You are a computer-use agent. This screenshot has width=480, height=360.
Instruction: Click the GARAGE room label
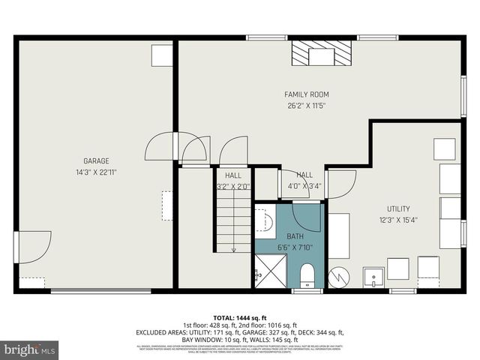tap(96, 160)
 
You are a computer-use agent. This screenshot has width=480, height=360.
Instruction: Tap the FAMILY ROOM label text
tap(307, 94)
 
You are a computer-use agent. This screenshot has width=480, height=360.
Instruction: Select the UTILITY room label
tap(399, 208)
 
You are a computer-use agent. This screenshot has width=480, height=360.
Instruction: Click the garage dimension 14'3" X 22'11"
tap(96, 172)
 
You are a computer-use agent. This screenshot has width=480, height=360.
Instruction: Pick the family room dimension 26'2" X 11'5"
tap(307, 106)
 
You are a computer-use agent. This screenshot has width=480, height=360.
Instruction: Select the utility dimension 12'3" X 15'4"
tap(399, 220)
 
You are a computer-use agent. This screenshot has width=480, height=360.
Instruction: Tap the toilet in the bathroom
tap(307, 276)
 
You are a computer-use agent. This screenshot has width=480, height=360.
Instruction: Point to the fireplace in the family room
tap(322, 54)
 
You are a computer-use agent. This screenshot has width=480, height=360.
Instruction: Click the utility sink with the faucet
tap(373, 277)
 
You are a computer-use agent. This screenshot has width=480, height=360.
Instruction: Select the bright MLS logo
tap(31, 349)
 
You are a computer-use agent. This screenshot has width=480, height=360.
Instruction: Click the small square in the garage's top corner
tap(162, 55)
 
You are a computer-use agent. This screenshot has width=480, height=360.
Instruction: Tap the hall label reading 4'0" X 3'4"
tap(304, 186)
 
